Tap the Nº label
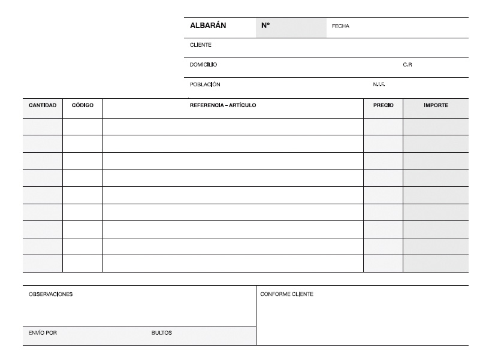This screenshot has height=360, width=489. click(265, 26)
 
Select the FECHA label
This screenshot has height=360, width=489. click(340, 26)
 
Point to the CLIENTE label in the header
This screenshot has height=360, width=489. click(200, 45)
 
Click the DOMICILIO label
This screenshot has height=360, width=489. click(203, 65)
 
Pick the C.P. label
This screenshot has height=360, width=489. click(407, 65)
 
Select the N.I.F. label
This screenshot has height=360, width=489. click(379, 84)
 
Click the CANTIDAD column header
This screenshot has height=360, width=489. click(43, 105)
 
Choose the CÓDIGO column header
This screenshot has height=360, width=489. click(83, 105)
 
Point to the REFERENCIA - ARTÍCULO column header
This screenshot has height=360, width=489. click(223, 105)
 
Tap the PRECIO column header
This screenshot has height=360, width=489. click(383, 105)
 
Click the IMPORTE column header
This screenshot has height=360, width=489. click(436, 105)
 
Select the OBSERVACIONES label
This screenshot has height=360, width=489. click(50, 294)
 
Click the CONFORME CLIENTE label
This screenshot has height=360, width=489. click(286, 294)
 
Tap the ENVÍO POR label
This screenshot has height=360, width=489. click(43, 333)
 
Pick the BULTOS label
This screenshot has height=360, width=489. click(161, 333)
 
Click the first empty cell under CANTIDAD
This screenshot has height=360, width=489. click(43, 126)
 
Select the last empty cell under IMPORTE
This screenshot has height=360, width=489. click(436, 264)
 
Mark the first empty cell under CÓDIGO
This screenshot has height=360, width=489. click(83, 126)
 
